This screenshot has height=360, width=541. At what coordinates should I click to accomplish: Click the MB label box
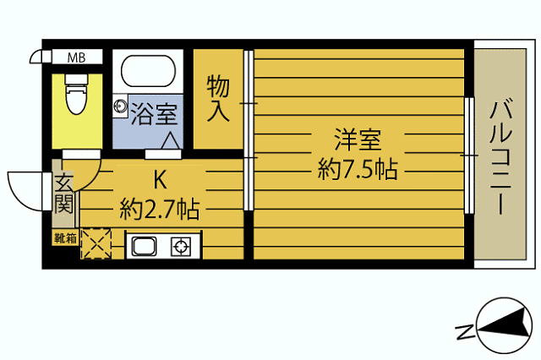click(x=77, y=57)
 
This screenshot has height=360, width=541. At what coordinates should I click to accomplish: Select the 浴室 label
click(x=153, y=112)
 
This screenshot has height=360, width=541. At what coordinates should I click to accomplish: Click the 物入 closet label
click(x=218, y=98)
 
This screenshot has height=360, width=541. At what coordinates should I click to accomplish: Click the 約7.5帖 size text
click(x=358, y=169)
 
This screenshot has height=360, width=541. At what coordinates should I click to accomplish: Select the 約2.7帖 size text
click(x=160, y=208)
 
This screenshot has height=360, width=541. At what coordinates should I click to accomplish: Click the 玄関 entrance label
click(x=64, y=194)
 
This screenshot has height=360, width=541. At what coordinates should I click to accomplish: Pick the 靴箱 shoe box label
click(x=65, y=238)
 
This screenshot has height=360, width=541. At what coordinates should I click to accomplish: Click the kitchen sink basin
click(x=144, y=247)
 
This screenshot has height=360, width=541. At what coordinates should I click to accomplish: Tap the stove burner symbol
click(x=181, y=247)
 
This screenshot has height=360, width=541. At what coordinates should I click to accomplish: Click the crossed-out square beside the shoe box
click(x=96, y=244)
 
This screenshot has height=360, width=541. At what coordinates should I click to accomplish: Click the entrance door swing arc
click(x=25, y=189)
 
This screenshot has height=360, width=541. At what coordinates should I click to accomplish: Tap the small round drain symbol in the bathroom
click(x=121, y=106)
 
